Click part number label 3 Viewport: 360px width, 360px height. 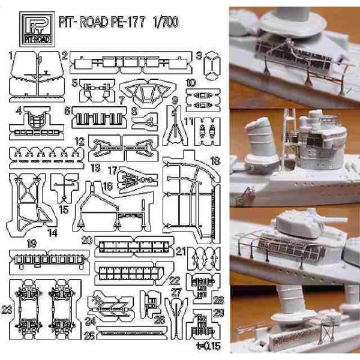(199, 56)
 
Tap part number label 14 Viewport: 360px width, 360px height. (53, 232)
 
